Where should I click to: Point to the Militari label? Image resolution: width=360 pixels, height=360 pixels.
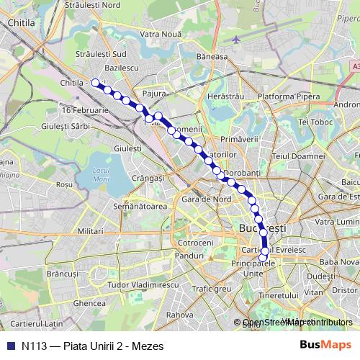tap(91, 231)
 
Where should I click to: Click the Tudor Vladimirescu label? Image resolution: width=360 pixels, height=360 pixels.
tap(143, 285)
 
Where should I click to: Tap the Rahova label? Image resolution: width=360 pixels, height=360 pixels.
tap(180, 315)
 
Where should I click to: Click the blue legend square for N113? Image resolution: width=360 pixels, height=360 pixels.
tap(10, 346)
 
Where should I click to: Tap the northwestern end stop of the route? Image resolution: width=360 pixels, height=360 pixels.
tap(94, 82)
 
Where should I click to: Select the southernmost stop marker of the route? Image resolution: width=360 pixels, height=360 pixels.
tap(264, 257)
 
